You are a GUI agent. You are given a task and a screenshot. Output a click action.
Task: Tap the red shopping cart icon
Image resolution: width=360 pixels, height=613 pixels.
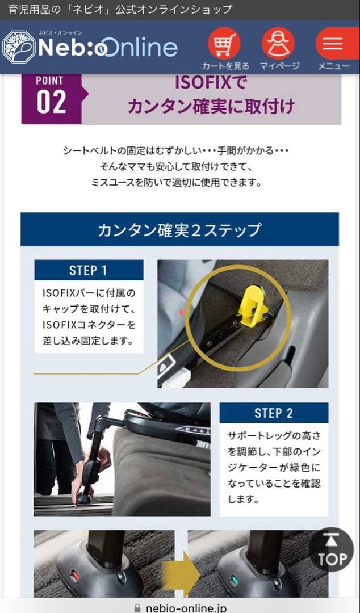tap(224, 44)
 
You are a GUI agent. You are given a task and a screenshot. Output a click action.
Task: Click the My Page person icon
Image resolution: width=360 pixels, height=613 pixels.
tap(278, 44)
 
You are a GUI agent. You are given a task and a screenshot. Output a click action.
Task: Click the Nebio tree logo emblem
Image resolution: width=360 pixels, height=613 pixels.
tap(18, 47)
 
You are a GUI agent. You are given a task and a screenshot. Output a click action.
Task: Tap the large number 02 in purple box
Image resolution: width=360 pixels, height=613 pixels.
tap(51, 102)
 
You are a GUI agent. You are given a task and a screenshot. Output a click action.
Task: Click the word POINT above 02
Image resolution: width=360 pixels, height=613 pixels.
tap(50, 81)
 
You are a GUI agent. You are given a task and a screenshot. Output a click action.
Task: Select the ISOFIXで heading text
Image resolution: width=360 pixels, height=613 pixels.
tap(211, 83)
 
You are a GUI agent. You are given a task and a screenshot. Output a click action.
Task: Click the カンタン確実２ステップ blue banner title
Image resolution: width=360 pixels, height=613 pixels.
tap(179, 230)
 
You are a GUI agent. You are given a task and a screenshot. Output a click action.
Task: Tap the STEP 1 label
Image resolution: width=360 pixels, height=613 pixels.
tap(88, 270)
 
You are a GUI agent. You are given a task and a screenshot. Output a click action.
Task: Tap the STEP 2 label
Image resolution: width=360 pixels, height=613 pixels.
tap(274, 413)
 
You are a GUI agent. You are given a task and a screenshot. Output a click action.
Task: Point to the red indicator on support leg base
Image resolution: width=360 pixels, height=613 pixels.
tap(75, 577)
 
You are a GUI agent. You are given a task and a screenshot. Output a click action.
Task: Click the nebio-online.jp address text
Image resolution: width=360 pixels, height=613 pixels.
tap(187, 607)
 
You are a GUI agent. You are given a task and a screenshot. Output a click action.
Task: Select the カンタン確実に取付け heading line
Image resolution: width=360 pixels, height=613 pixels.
tap(211, 106)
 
